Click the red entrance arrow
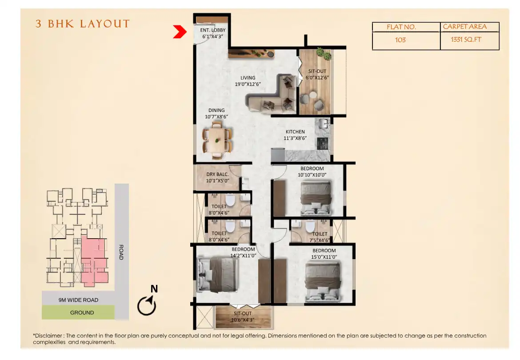point(179,32)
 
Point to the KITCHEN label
point(295,132)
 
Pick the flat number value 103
point(400,40)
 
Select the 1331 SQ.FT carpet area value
point(466,40)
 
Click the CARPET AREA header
point(464,27)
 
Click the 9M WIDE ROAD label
point(78,300)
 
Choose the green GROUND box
point(78,312)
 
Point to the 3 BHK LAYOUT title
point(83,24)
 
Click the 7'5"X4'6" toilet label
point(320,236)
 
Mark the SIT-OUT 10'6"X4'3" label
point(243,316)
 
